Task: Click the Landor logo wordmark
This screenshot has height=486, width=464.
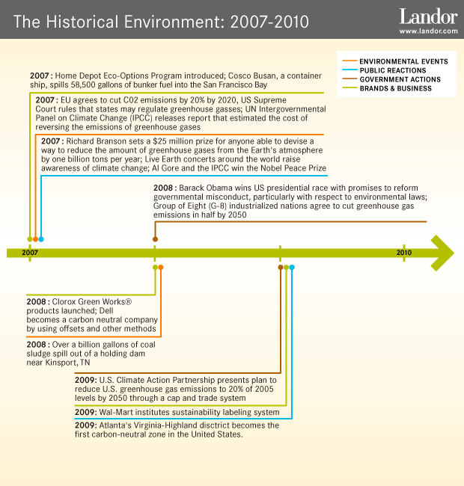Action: pyautogui.click(x=428, y=16)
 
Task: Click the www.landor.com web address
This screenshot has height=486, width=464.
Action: pyautogui.click(x=428, y=31)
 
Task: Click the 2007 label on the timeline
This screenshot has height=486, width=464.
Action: pyautogui.click(x=30, y=253)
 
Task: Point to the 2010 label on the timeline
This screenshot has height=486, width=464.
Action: pyautogui.click(x=403, y=253)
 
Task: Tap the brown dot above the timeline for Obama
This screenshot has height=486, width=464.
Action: pyautogui.click(x=155, y=239)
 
